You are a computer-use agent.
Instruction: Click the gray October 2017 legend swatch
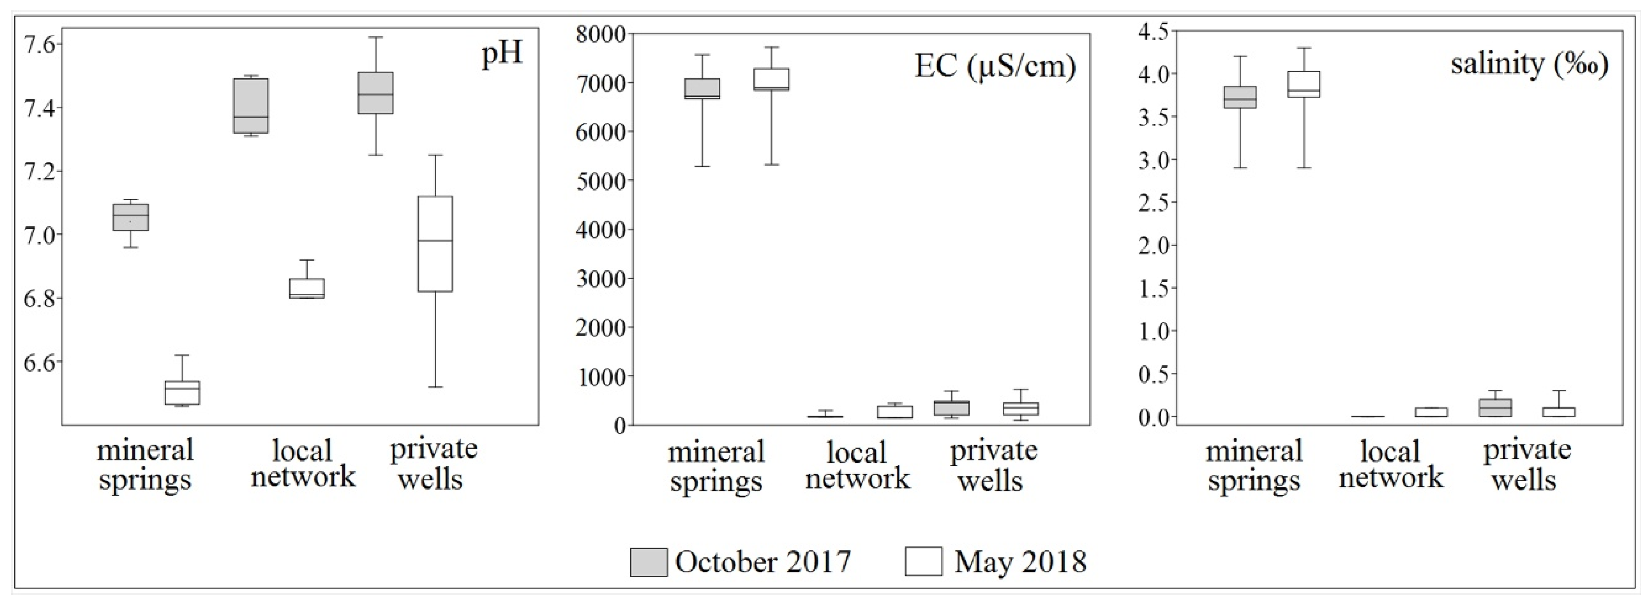[649, 562]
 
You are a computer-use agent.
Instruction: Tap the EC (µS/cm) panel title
[995, 66]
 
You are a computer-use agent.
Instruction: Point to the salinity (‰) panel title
[1529, 65]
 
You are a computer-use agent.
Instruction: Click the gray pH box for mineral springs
[131, 217]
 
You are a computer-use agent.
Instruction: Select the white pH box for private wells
[435, 244]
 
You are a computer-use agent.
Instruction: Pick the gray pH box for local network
[251, 106]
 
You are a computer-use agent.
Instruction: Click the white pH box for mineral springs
[183, 392]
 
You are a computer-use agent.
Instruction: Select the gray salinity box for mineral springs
[1240, 97]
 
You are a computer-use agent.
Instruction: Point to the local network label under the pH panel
[302, 463]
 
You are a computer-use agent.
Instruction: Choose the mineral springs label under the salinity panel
[1254, 465]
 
